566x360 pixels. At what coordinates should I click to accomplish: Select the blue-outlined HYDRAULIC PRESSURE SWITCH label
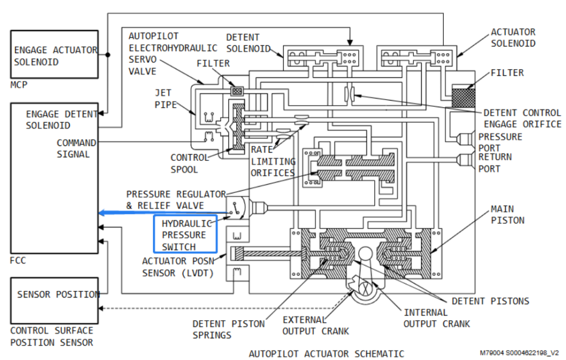click(x=185, y=233)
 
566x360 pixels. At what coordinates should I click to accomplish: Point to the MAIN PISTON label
click(x=507, y=215)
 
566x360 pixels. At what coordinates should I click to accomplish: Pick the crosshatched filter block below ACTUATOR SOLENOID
click(x=464, y=96)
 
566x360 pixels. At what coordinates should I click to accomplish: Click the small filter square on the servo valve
click(x=237, y=91)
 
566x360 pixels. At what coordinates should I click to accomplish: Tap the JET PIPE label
click(x=166, y=98)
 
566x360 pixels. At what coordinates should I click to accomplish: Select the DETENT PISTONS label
click(x=490, y=301)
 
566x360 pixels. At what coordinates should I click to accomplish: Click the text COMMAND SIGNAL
click(x=76, y=148)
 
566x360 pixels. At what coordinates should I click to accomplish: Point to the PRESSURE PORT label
click(x=500, y=142)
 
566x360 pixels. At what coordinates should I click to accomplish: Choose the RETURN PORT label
click(x=495, y=163)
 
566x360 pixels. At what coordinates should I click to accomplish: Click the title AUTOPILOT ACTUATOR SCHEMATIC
click(x=326, y=353)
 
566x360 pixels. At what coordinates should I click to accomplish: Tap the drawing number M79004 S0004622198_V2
click(x=519, y=353)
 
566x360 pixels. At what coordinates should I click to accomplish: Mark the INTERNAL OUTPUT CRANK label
click(x=437, y=318)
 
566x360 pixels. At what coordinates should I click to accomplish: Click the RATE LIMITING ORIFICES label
click(x=273, y=161)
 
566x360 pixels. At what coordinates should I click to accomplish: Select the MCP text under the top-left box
click(x=19, y=85)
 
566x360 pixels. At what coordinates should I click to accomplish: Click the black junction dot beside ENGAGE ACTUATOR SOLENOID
click(x=108, y=55)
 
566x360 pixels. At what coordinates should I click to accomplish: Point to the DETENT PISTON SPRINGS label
click(x=228, y=329)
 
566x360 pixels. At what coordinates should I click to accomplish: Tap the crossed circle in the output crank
click(x=365, y=289)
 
